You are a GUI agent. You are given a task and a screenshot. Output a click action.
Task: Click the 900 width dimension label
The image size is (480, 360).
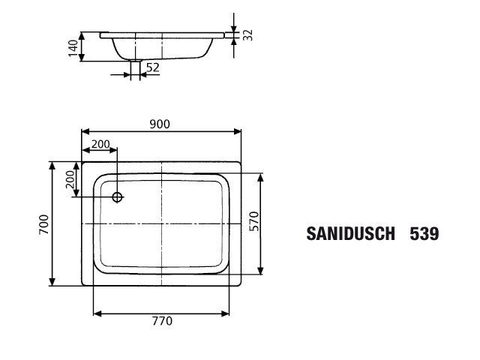160,124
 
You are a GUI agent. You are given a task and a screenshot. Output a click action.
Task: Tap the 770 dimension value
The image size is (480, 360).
162,321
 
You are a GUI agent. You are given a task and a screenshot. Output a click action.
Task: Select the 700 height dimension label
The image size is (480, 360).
43,224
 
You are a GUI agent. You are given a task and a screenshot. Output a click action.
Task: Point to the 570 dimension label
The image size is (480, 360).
253,221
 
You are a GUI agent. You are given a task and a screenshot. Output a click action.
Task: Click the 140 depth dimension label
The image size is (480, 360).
73,48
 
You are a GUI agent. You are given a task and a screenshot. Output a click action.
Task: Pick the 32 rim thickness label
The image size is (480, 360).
247,35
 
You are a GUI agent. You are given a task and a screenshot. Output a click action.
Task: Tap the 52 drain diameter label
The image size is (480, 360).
153,67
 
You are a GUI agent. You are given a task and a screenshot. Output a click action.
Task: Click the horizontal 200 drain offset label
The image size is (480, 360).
100,144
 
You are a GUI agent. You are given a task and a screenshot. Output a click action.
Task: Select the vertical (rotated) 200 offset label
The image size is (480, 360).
70,179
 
